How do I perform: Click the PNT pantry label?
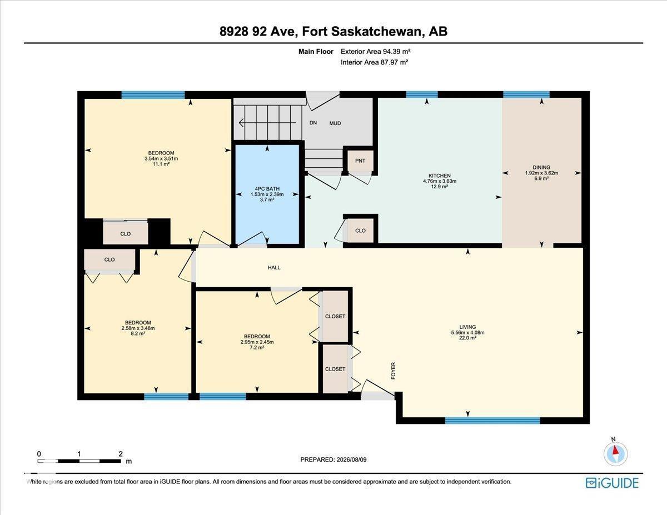[360, 161]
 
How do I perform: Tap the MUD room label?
[335, 123]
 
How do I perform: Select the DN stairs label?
[313, 123]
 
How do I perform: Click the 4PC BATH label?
[267, 189]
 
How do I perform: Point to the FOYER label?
[393, 371]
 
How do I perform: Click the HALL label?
[274, 267]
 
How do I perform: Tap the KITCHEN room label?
[440, 176]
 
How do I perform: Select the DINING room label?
[541, 167]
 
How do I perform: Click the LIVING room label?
[467, 327]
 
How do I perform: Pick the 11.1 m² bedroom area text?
[161, 164]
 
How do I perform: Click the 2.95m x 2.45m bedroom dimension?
[257, 342]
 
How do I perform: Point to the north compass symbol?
[615, 453]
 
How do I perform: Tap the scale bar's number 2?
[121, 454]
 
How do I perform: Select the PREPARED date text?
[333, 459]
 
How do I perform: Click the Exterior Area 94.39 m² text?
[375, 52]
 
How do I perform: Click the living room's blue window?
[492, 421]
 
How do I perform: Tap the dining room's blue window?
[526, 94]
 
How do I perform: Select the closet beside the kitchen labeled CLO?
[360, 231]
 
